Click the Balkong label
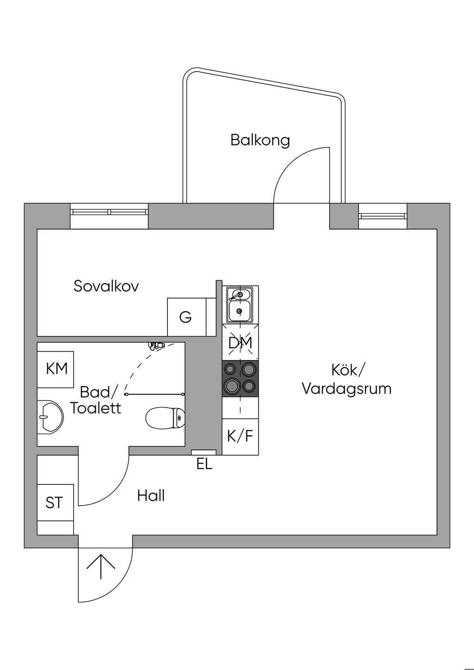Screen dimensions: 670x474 click(x=260, y=140)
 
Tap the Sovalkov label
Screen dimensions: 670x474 click(x=106, y=286)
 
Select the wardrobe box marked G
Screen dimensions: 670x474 click(x=186, y=317)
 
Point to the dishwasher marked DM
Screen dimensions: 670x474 click(x=240, y=343)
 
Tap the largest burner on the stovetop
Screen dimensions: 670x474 click(x=231, y=385)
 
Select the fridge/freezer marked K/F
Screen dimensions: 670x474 click(x=240, y=436)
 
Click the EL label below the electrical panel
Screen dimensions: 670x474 click(x=204, y=464)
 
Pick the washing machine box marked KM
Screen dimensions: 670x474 click(x=56, y=369)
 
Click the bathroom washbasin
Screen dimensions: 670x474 click(x=50, y=416)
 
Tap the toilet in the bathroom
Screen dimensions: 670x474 click(x=165, y=418)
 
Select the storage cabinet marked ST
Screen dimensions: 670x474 click(x=55, y=502)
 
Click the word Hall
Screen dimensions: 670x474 click(x=151, y=496)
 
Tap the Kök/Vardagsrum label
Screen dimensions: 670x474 click(x=347, y=379)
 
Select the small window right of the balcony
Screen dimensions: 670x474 click(x=383, y=216)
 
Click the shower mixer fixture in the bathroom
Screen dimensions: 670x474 click(x=157, y=345)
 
